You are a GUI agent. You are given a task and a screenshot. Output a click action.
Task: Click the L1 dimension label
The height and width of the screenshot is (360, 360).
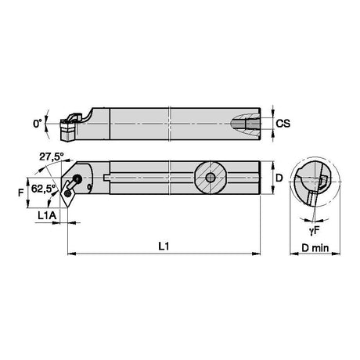coord(164,246)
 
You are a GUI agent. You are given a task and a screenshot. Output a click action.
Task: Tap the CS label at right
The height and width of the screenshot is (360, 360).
coord(283,124)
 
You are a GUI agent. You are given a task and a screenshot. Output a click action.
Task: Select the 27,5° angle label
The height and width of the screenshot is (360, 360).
coord(52,157)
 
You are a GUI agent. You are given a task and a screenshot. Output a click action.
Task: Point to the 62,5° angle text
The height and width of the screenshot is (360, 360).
coord(44,189)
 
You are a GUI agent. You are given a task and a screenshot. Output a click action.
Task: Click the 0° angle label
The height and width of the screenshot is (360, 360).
coord(38,124)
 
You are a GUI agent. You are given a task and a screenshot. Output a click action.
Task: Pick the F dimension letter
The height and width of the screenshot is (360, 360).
coord(21,193)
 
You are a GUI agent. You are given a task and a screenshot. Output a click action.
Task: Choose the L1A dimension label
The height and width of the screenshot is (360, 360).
coord(47,215)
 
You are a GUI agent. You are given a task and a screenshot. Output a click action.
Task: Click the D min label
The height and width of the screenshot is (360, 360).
coord(315,248)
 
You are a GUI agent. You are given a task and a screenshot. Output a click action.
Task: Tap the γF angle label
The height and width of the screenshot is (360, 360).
coord(315,230)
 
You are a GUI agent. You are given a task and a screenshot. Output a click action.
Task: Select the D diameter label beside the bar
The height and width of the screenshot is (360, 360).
coord(279,178)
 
